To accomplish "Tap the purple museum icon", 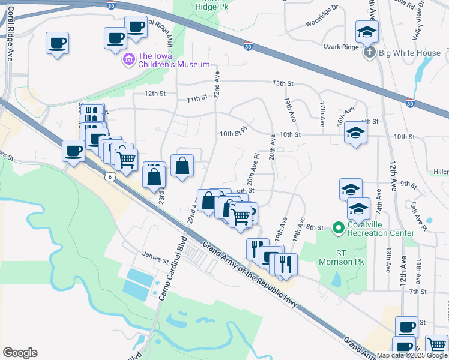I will pyautogui.click(x=128, y=60).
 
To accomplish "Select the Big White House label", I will pyautogui.click(x=412, y=53).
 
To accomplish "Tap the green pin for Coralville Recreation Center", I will pyautogui.click(x=338, y=227).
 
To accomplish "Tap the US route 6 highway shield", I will pyautogui.click(x=109, y=176).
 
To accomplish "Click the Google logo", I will pyautogui.click(x=20, y=353).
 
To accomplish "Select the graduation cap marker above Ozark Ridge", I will pyautogui.click(x=367, y=32).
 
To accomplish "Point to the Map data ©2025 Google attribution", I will pyautogui.click(x=412, y=355).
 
